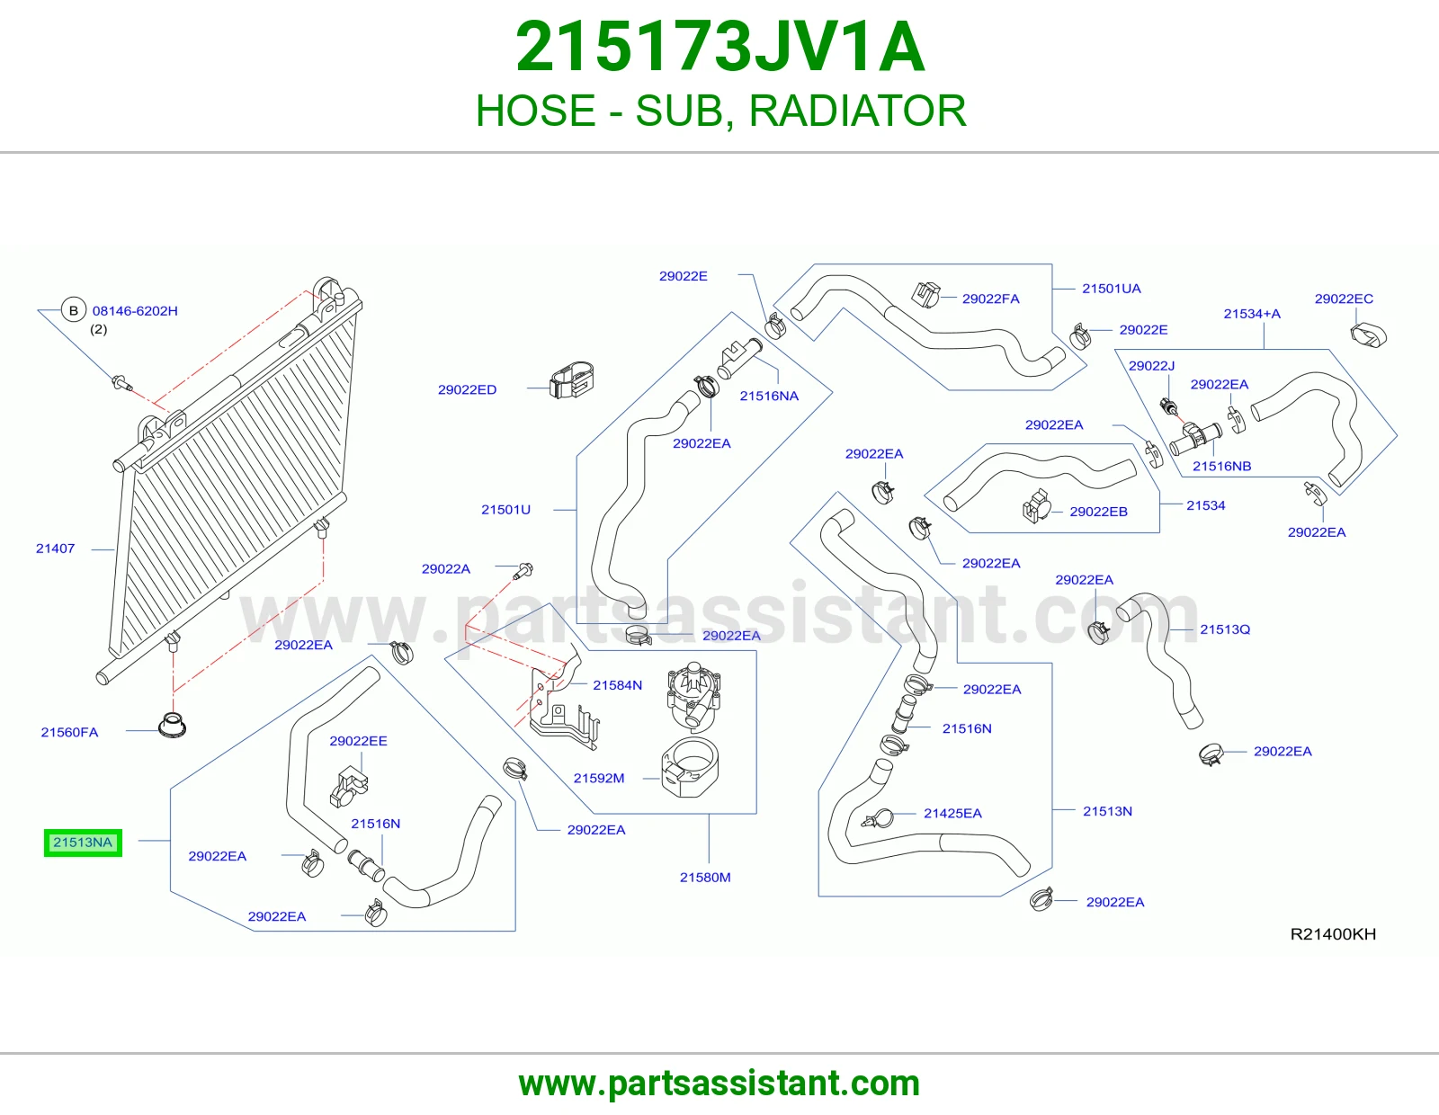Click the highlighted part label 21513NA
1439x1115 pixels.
tap(83, 843)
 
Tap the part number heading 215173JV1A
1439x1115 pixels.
tap(719, 47)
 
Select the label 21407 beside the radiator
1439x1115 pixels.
tap(55, 549)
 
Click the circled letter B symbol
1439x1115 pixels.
tap(74, 310)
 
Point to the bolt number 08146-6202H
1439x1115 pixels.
tap(135, 310)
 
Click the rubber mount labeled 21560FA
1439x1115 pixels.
tap(172, 725)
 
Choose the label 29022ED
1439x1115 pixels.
tap(467, 389)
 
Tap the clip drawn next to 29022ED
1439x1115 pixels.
tap(571, 379)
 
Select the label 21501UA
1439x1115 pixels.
tap(1112, 288)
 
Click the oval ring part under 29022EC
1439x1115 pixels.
tap(1368, 334)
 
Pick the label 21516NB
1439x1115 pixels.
tap(1221, 466)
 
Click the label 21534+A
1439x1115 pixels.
tap(1252, 313)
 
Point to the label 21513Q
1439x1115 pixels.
tap(1225, 629)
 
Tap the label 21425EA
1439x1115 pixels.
tap(952, 813)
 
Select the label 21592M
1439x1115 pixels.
tap(599, 778)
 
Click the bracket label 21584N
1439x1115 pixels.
tap(617, 684)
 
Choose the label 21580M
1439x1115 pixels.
tap(705, 878)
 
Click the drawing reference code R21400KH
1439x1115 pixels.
tap(1333, 933)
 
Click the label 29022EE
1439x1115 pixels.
tap(358, 741)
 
